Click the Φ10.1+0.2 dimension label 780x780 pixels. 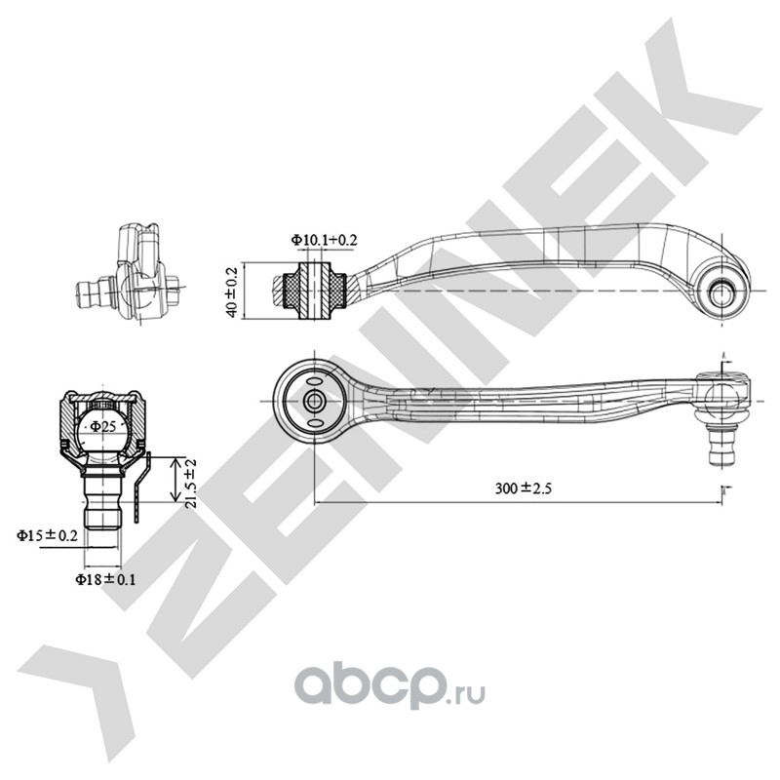tap(324, 240)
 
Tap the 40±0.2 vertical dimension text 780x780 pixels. tap(231, 291)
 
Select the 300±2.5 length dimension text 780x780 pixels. tap(524, 488)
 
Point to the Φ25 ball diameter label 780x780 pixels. tap(103, 426)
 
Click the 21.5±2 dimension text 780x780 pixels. tap(191, 483)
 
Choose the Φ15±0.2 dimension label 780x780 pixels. tap(47, 535)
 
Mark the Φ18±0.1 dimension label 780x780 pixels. tap(105, 579)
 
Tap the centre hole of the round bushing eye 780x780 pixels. tap(314, 401)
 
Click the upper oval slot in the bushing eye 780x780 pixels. tap(314, 381)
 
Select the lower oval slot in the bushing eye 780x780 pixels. tap(314, 423)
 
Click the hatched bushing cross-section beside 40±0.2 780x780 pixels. tap(314, 290)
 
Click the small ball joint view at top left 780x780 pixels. tap(129, 275)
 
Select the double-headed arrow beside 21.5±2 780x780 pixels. tap(175, 480)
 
